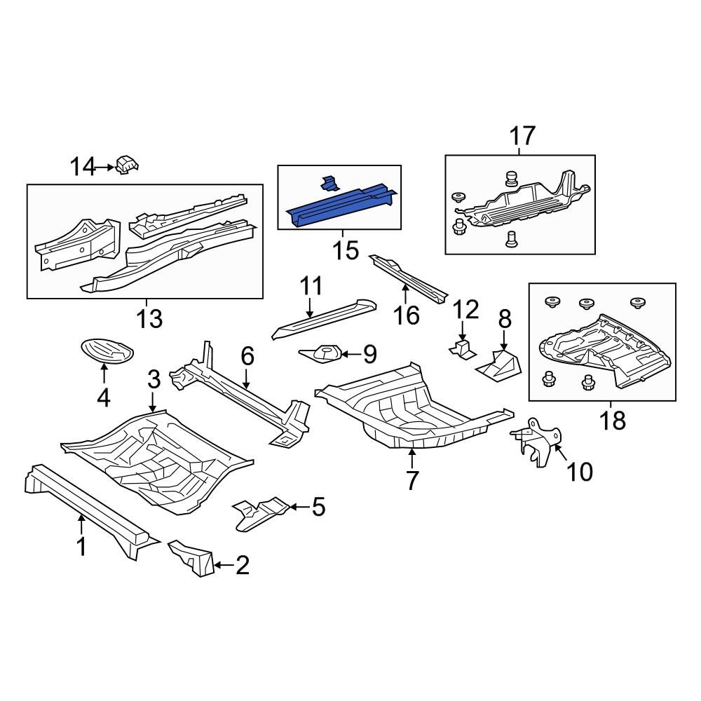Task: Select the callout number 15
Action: pyautogui.click(x=346, y=250)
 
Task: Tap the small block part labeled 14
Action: pyautogui.click(x=127, y=165)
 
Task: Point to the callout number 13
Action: pyautogui.click(x=150, y=319)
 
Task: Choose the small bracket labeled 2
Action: pyautogui.click(x=193, y=558)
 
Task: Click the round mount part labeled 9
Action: pyautogui.click(x=325, y=353)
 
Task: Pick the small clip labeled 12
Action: pyautogui.click(x=461, y=349)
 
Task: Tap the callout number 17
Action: pyautogui.click(x=522, y=135)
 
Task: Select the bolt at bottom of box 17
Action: pyautogui.click(x=510, y=239)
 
